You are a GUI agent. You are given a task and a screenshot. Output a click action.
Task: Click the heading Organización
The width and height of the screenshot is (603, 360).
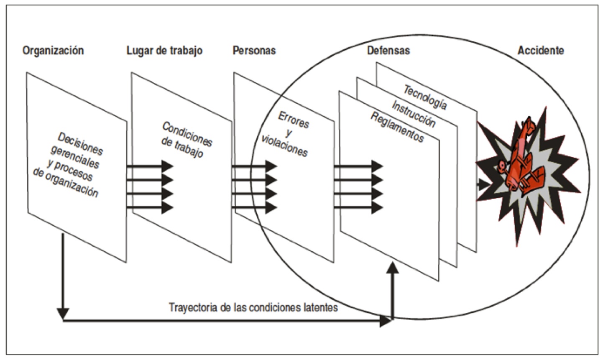(x=53, y=51)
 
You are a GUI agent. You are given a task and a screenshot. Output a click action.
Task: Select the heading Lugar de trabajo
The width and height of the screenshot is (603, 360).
(x=164, y=51)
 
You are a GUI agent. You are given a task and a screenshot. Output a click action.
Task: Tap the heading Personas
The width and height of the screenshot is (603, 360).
(x=254, y=51)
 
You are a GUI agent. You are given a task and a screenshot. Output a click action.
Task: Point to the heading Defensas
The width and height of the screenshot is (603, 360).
(x=388, y=51)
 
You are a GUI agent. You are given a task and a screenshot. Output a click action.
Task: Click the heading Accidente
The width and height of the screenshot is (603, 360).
(x=541, y=51)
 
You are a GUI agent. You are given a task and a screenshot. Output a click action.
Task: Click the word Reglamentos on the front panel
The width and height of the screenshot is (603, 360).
(x=397, y=127)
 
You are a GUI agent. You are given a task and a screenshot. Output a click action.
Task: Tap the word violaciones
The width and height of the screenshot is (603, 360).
(x=284, y=145)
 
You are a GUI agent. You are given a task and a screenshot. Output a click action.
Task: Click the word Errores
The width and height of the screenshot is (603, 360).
(x=294, y=120)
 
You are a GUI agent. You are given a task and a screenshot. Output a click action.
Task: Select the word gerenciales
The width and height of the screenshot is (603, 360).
(x=75, y=156)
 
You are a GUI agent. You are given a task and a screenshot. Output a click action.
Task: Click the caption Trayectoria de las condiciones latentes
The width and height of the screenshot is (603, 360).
(x=253, y=308)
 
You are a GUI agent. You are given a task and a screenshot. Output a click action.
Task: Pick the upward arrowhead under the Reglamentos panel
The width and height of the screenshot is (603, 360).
(x=393, y=268)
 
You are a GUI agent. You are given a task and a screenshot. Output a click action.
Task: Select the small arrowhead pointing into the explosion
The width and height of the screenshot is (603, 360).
(x=484, y=184)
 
